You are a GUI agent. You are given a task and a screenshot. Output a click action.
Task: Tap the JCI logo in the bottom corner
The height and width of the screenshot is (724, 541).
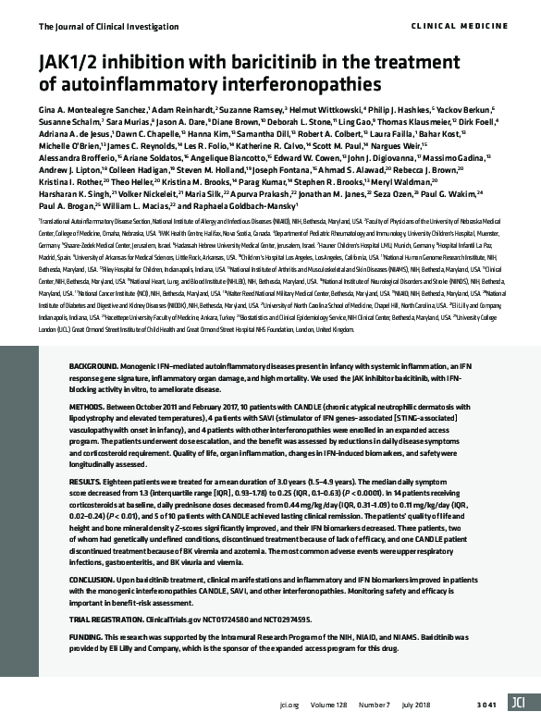pos(523,704)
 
